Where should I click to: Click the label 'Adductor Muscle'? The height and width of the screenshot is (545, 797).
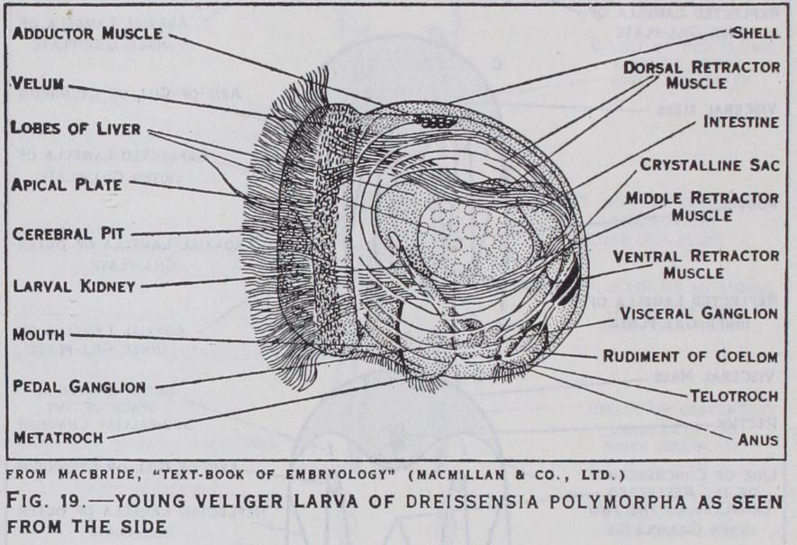[88, 34]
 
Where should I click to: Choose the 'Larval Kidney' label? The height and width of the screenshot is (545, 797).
[75, 286]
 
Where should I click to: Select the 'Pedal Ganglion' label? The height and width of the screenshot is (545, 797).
[79, 386]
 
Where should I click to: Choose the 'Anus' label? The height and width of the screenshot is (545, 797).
[759, 441]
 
